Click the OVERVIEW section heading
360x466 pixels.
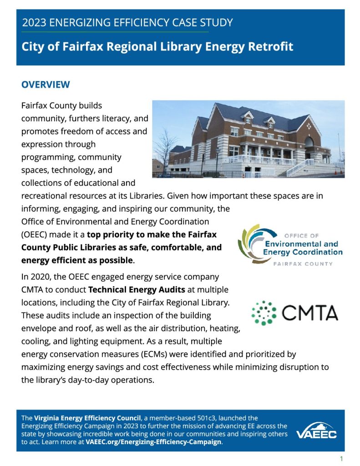pos(46,85)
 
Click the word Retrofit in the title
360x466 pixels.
pos(270,46)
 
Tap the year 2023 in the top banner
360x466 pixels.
pos(33,22)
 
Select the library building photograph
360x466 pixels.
pos(248,139)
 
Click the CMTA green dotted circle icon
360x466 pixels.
pos(264,313)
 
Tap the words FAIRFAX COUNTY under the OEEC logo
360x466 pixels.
pos(302,264)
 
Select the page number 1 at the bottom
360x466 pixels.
pos(341,458)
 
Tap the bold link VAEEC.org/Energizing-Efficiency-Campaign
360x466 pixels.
pos(153,442)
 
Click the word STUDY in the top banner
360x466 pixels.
pos(215,22)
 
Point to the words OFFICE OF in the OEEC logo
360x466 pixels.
pos(301,236)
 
